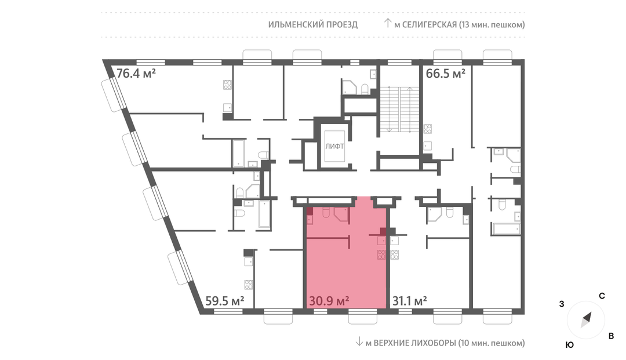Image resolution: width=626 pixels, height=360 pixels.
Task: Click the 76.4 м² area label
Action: pyautogui.click(x=136, y=74)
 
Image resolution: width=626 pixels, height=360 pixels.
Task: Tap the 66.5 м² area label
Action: pyautogui.click(x=446, y=74)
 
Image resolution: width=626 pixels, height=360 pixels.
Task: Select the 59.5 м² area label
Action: pyautogui.click(x=225, y=301)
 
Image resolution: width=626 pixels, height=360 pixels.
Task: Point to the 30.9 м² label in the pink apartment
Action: pyautogui.click(x=329, y=301)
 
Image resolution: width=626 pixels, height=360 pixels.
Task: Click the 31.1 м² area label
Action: pyautogui.click(x=410, y=301)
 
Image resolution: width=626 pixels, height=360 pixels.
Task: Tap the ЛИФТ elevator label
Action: pyautogui.click(x=334, y=147)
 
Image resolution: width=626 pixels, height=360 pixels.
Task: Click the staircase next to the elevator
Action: pyautogui.click(x=398, y=109)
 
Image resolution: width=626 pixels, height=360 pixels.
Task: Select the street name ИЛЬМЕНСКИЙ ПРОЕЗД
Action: pyautogui.click(x=313, y=25)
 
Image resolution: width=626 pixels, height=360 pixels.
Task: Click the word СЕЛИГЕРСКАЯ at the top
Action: pyautogui.click(x=429, y=25)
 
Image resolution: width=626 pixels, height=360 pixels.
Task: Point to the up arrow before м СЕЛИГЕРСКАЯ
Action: pyautogui.click(x=387, y=23)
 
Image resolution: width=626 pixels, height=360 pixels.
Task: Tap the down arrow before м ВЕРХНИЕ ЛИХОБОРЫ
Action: pyautogui.click(x=359, y=341)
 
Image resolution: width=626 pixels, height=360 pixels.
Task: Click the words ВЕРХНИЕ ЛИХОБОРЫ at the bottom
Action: pyautogui.click(x=414, y=343)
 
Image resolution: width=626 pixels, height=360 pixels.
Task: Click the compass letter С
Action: pyautogui.click(x=602, y=296)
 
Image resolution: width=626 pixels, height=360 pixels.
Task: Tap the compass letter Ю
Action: pyautogui.click(x=570, y=346)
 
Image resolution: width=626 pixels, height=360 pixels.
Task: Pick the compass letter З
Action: pyautogui.click(x=562, y=304)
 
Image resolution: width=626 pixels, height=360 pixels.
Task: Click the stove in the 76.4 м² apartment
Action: pyautogui.click(x=228, y=85)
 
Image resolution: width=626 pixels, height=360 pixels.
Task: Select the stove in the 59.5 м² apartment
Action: pyautogui.click(x=249, y=285)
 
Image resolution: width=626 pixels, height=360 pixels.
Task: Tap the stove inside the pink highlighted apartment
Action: pyautogui.click(x=381, y=254)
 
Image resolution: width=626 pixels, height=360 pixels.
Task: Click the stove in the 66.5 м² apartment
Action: pyautogui.click(x=428, y=129)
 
